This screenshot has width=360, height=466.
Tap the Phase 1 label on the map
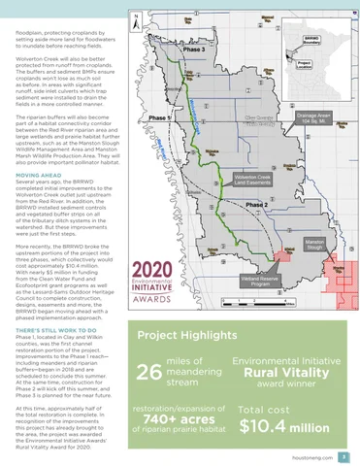(154, 117)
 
